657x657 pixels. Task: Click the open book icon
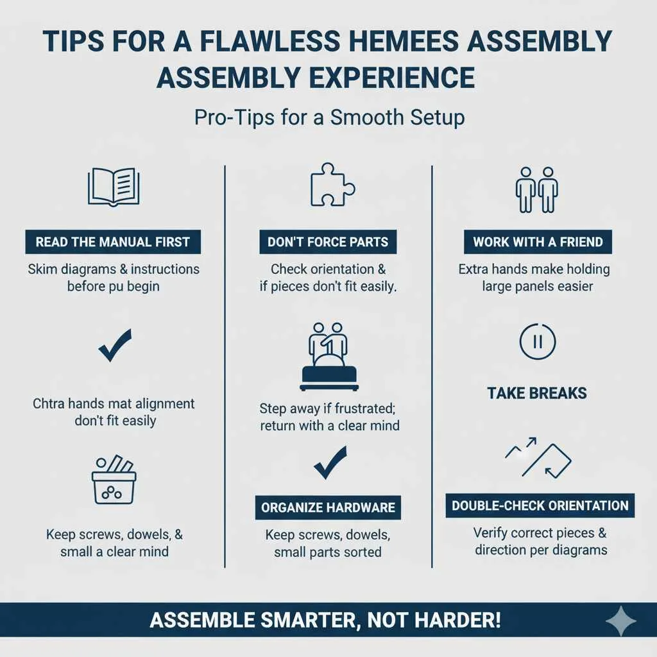[x=114, y=186]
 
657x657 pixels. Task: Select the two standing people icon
[x=537, y=190]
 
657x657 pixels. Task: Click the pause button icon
[x=538, y=341]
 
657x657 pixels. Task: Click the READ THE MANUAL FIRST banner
[x=113, y=243]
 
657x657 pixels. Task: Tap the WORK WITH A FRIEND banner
[x=538, y=243]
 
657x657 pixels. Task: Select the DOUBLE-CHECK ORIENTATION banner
[x=540, y=506]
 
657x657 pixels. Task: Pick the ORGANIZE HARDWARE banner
[x=328, y=508]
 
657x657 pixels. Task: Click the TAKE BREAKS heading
[x=537, y=393]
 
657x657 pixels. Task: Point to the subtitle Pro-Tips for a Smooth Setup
[x=328, y=118]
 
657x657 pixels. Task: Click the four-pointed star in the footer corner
[x=621, y=621]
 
